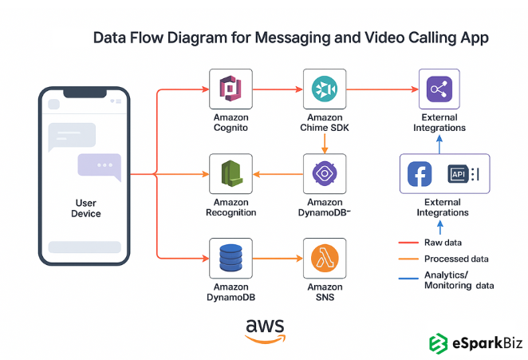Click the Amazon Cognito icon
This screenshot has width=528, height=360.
click(231, 89)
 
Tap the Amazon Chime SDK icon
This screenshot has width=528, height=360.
click(324, 89)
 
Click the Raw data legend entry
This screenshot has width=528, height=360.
click(443, 242)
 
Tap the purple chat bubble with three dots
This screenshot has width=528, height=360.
click(99, 165)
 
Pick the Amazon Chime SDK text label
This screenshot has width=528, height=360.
click(324, 122)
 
